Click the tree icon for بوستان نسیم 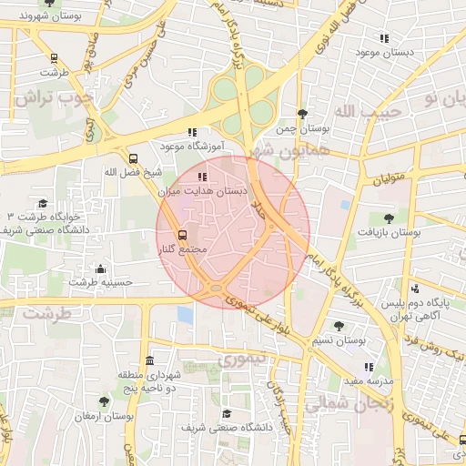coord(339,326)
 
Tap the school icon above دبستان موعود coord(384,38)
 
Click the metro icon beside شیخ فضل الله coord(134,157)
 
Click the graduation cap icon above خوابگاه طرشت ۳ coord(43,204)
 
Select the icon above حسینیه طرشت coord(100,268)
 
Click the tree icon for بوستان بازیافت coord(390,218)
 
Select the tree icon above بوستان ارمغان coord(104,401)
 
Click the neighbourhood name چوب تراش coord(58,97)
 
